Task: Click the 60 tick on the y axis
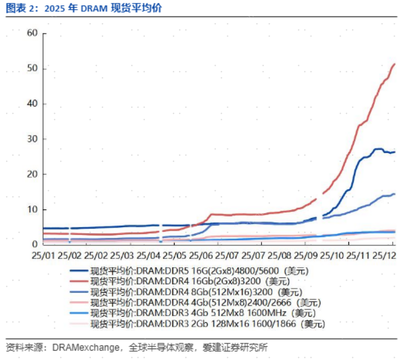[x=33, y=33]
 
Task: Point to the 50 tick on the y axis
[x=33, y=68]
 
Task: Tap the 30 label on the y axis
[x=33, y=139]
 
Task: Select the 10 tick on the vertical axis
[x=33, y=210]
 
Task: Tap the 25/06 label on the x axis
[x=200, y=255]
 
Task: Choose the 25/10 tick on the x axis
[x=332, y=255]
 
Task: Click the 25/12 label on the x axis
[x=384, y=255]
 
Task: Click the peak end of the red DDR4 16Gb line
[x=394, y=64]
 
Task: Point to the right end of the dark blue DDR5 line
[x=394, y=152]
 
